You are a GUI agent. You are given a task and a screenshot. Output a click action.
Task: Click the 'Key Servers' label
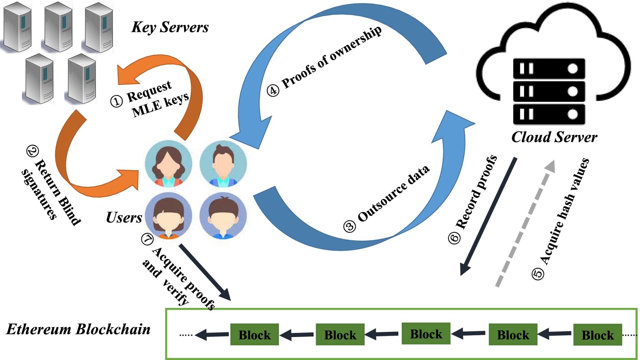[x=170, y=27]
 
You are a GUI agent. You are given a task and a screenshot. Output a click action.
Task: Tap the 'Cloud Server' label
[x=554, y=137]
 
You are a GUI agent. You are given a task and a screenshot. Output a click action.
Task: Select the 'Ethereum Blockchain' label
[x=79, y=329]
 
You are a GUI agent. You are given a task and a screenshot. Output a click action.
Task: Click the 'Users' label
[x=124, y=217]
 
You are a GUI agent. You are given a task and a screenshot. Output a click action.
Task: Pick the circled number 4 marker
[x=273, y=91]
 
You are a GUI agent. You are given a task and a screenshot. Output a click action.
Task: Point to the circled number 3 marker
[x=350, y=227]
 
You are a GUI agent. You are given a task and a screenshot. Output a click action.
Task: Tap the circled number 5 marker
[x=538, y=274]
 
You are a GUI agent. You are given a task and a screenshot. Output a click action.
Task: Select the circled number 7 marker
[x=147, y=239]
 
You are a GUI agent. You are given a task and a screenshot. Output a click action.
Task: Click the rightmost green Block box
[x=597, y=335]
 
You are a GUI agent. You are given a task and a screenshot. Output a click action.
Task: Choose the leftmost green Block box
[x=254, y=335]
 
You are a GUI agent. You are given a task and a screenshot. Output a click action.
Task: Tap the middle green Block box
[x=426, y=334]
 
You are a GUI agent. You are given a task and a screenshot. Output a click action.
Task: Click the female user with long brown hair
[x=168, y=164]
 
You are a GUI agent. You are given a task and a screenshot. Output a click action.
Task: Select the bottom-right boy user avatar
[x=223, y=216]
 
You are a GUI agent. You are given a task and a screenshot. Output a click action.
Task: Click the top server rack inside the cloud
[x=548, y=69]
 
